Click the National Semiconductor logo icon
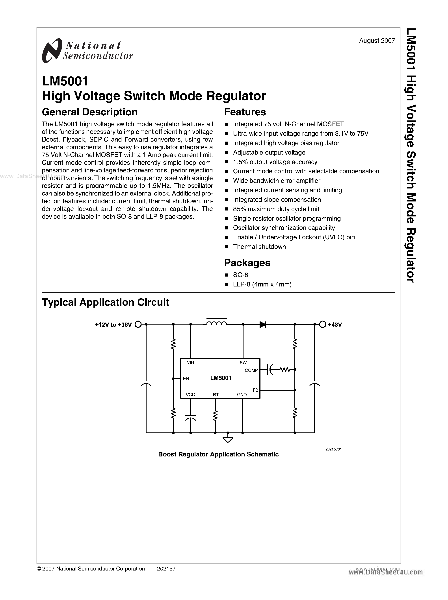click(x=51, y=51)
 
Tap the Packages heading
click(x=247, y=263)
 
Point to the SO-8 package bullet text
click(x=241, y=275)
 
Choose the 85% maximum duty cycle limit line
click(x=276, y=209)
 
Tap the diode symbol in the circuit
click(x=262, y=324)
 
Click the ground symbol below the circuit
click(x=228, y=439)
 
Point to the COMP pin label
click(x=251, y=371)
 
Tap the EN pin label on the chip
click(x=186, y=378)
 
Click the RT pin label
click(x=216, y=395)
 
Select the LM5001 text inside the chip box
click(x=221, y=378)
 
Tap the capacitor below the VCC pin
click(x=191, y=417)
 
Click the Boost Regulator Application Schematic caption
click(x=218, y=454)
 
